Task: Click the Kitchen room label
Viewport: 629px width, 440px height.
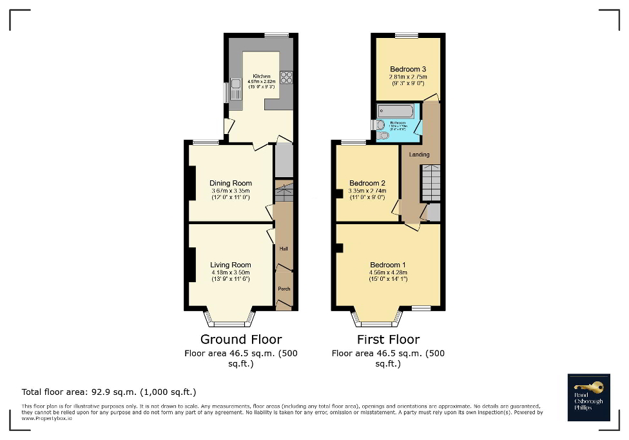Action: click(x=261, y=76)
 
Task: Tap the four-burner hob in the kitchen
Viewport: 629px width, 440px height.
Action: click(x=286, y=77)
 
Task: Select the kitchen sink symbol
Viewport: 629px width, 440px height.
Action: click(x=236, y=84)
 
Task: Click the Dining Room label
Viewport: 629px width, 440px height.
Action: click(x=230, y=184)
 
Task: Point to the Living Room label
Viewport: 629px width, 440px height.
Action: click(x=230, y=265)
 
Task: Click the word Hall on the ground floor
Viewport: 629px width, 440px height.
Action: click(x=284, y=249)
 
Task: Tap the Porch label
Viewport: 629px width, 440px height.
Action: click(x=284, y=289)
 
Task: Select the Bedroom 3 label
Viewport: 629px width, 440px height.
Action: click(x=408, y=69)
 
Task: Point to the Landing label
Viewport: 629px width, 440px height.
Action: click(x=419, y=155)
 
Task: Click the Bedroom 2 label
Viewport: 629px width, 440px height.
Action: click(x=367, y=183)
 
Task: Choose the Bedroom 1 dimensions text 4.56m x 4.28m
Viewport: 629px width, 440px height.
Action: click(x=388, y=273)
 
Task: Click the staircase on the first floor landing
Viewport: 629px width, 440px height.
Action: click(x=431, y=184)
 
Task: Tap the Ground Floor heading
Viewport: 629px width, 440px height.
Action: click(x=241, y=340)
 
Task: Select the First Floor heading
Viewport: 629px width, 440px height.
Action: click(x=388, y=340)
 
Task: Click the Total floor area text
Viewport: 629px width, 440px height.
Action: click(x=109, y=392)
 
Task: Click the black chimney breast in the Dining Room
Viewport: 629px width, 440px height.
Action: click(x=191, y=183)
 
